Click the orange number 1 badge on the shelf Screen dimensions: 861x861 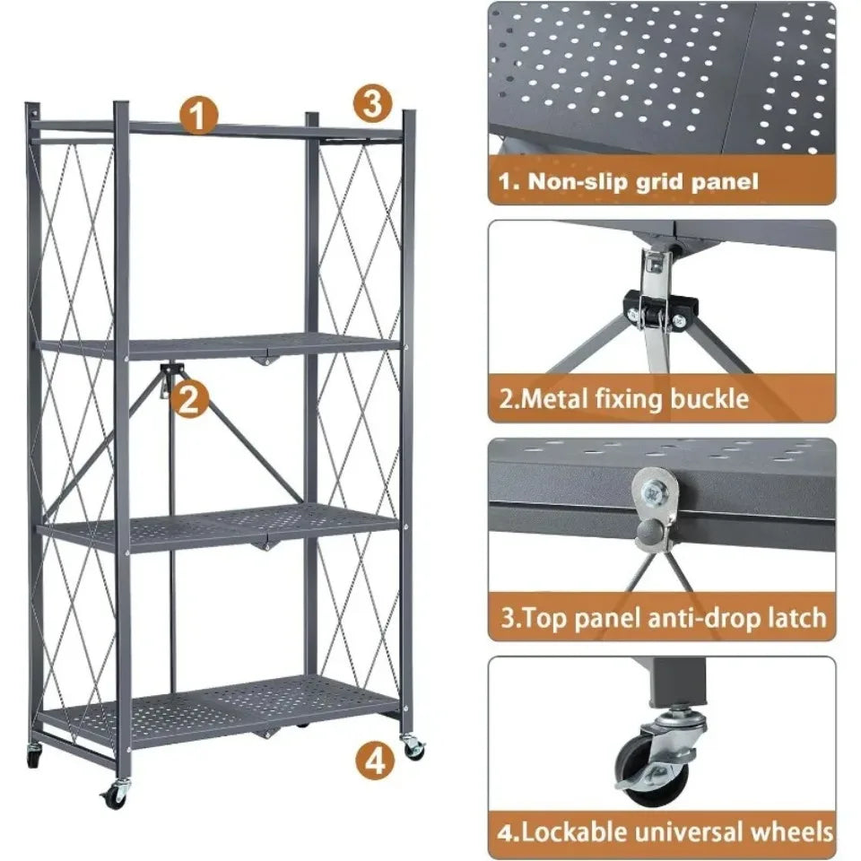(199, 116)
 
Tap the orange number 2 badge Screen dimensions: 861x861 (189, 398)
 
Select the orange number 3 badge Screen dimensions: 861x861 (372, 103)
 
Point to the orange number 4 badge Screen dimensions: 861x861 (375, 761)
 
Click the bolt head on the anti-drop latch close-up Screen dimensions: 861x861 (655, 487)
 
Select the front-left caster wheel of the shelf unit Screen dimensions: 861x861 (115, 795)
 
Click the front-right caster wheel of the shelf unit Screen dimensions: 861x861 (413, 747)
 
